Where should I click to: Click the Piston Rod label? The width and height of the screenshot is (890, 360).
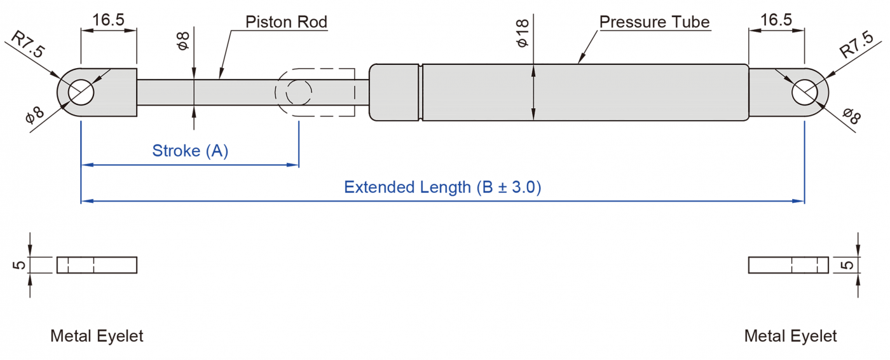(286, 22)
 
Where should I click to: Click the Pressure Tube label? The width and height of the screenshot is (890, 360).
(654, 22)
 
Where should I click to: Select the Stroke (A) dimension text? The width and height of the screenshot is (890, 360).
(190, 151)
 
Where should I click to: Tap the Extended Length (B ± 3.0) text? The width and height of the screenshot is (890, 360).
(442, 188)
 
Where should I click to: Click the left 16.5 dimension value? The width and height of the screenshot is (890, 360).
(109, 20)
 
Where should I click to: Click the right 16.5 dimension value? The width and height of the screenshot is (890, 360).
(776, 20)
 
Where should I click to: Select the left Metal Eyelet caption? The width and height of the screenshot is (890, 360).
(97, 336)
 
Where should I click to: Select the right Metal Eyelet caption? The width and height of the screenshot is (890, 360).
(791, 336)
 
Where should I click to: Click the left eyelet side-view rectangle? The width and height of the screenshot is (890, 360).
(97, 265)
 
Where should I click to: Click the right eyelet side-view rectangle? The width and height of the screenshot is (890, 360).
(788, 265)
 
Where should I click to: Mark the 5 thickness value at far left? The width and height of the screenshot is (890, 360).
(20, 264)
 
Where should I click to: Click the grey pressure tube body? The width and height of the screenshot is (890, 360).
(585, 92)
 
